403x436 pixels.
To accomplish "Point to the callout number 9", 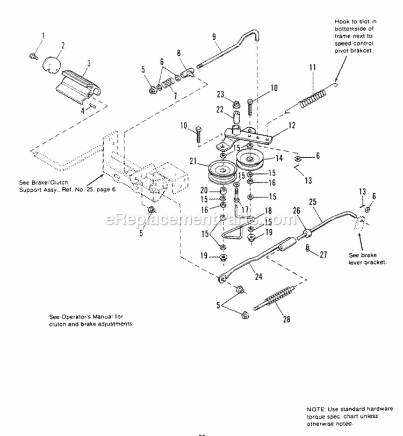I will [x=214, y=37].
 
